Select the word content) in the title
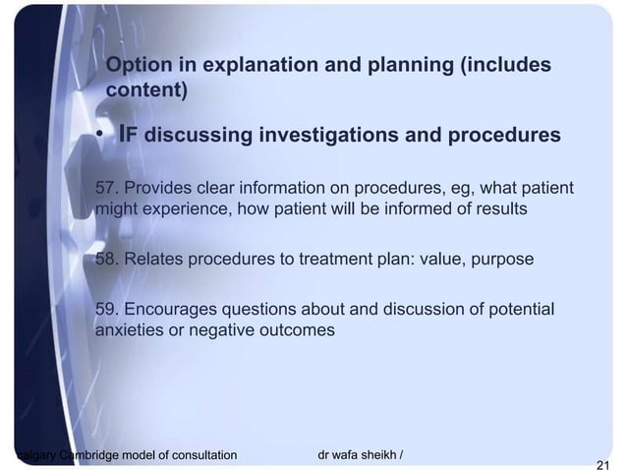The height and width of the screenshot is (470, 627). click(x=146, y=90)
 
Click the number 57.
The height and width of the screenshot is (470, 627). click(x=107, y=188)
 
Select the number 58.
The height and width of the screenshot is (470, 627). click(x=107, y=260)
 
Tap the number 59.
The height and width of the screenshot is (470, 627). click(x=107, y=310)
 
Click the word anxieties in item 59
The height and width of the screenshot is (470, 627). click(x=129, y=331)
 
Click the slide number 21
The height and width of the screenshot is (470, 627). click(x=602, y=464)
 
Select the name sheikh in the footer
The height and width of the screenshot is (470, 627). click(x=376, y=454)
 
